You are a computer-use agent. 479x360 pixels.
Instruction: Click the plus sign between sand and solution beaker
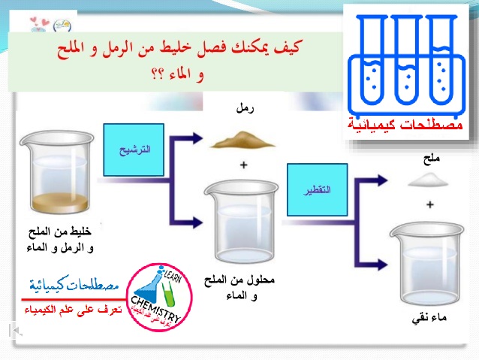[x=243, y=164]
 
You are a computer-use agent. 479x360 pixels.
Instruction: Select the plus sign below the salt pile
[x=430, y=204]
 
